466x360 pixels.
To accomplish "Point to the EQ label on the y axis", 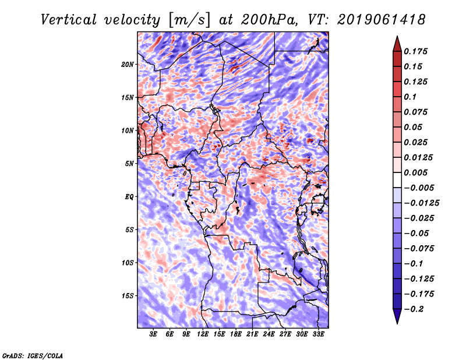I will click(129, 197).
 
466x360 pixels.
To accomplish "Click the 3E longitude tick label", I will click(153, 334).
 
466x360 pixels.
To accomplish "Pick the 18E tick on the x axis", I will click(235, 334).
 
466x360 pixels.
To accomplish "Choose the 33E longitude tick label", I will click(317, 334).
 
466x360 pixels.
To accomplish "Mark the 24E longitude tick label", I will click(268, 334).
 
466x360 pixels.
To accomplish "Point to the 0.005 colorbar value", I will click(417, 172).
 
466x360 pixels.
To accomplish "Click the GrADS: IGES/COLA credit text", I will click(32, 355).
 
